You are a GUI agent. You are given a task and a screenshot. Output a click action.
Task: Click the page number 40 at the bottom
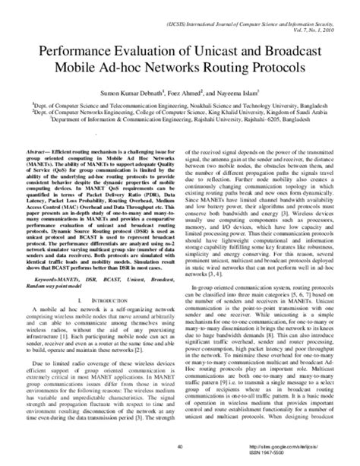(179, 447)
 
